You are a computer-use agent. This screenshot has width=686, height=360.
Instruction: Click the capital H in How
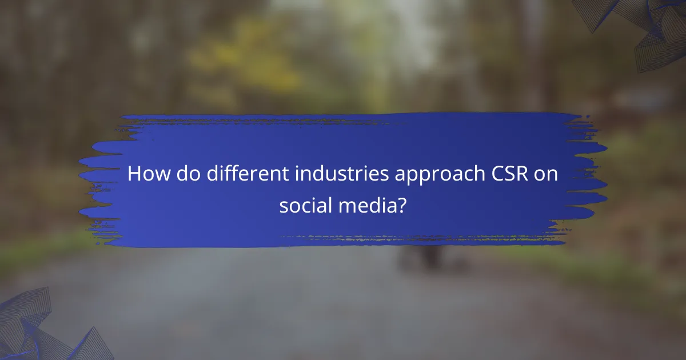pos(134,174)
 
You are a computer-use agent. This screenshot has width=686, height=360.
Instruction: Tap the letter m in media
pos(347,206)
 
